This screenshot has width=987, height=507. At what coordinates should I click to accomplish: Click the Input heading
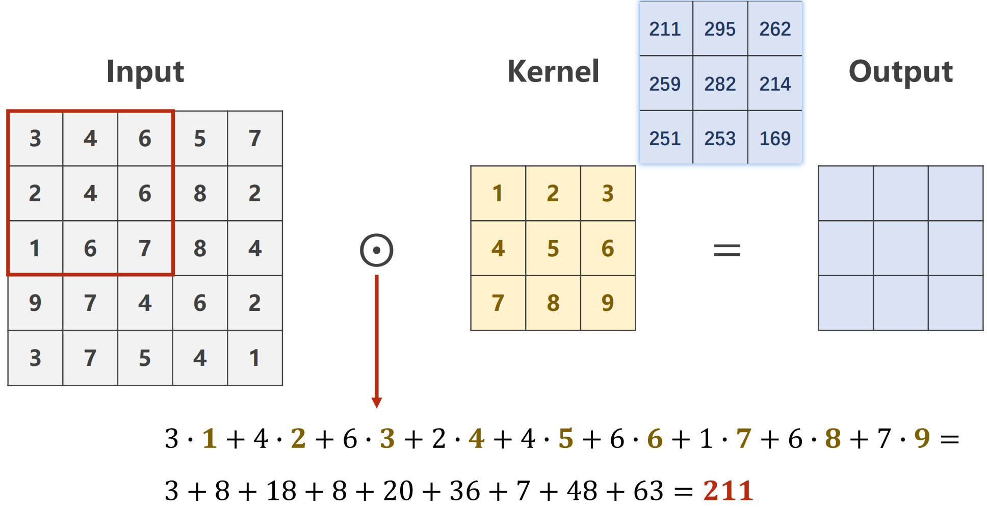(x=145, y=71)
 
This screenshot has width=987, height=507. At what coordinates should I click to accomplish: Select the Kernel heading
(x=553, y=71)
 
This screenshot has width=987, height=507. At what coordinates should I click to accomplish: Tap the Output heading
(x=901, y=71)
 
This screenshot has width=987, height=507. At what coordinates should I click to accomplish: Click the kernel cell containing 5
(x=553, y=249)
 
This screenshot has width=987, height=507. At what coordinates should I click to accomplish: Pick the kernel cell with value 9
(x=608, y=303)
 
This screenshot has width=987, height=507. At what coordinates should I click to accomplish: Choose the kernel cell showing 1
(x=498, y=194)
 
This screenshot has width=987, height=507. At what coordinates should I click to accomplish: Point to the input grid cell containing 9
(x=35, y=303)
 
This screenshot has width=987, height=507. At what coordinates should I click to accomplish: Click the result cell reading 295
(x=720, y=29)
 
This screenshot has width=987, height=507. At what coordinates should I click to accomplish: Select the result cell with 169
(x=775, y=138)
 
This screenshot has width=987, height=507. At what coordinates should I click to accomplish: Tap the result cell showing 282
(x=720, y=84)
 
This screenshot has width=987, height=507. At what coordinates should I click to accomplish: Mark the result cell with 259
(x=665, y=84)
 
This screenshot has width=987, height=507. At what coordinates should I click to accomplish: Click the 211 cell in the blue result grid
(x=665, y=29)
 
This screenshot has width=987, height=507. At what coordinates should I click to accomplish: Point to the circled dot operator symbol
(x=377, y=250)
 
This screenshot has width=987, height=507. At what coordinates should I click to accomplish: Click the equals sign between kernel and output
(x=726, y=250)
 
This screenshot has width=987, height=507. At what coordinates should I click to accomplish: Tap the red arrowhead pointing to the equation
(x=377, y=403)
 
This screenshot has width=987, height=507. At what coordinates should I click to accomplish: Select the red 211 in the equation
(x=728, y=491)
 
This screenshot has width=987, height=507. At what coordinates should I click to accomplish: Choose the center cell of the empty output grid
(x=901, y=248)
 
